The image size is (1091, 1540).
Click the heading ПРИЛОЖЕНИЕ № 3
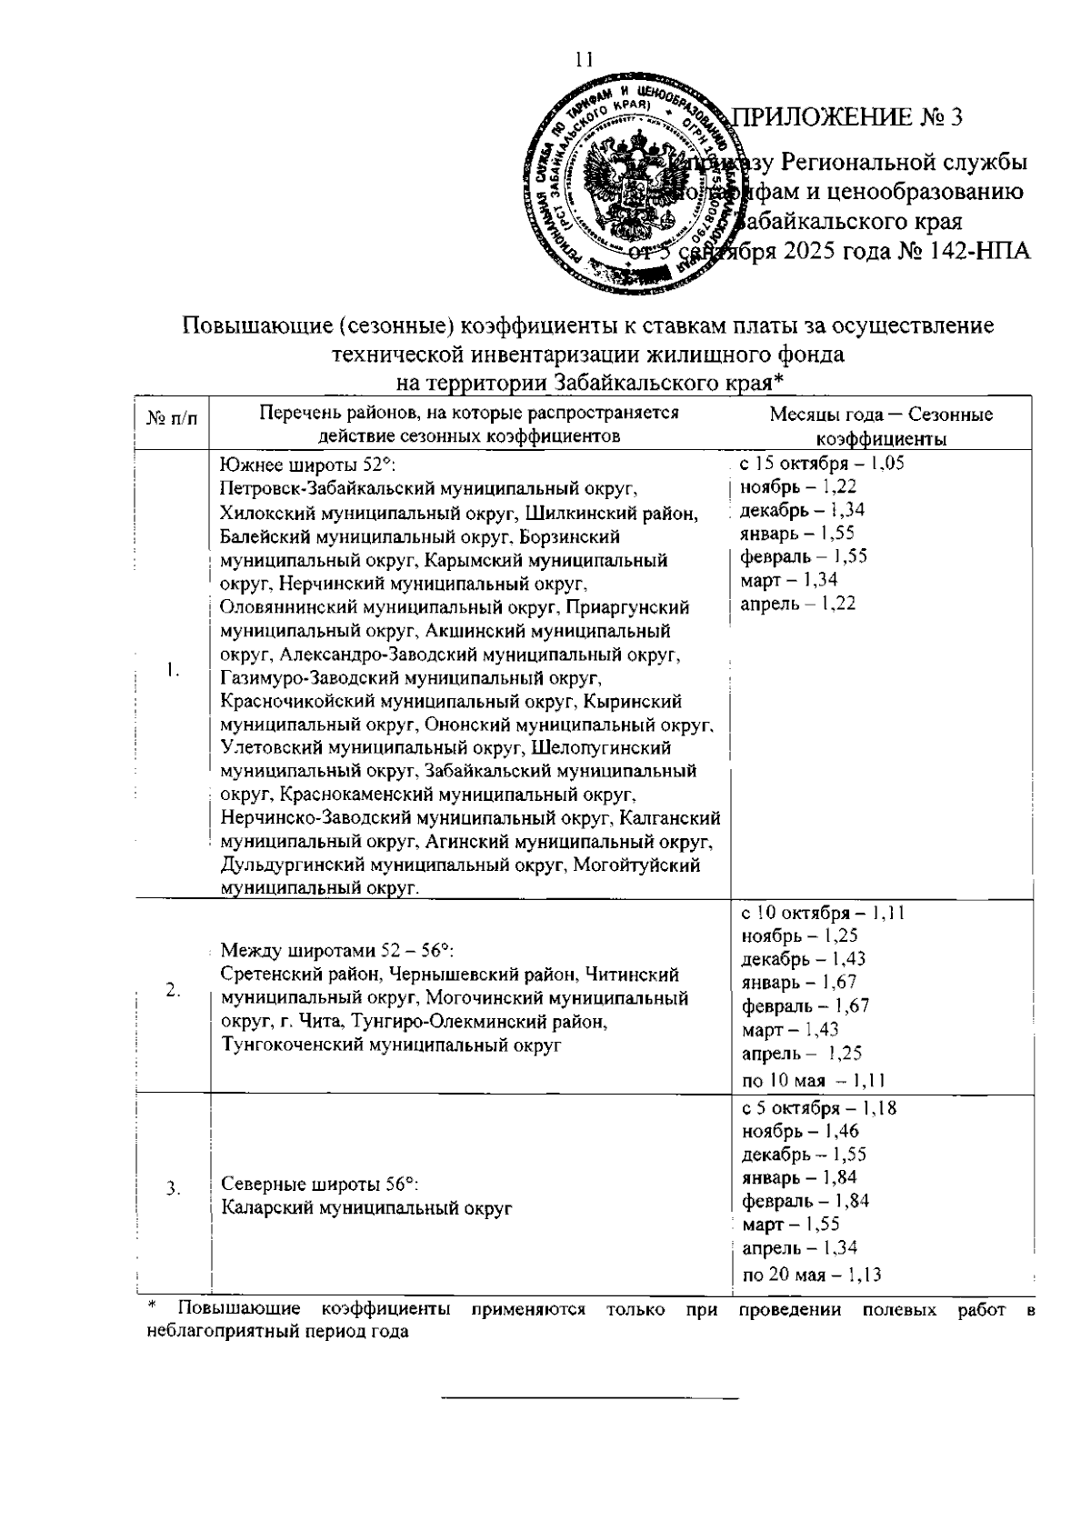pyautogui.click(x=847, y=117)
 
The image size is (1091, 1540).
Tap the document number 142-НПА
pyautogui.click(x=980, y=251)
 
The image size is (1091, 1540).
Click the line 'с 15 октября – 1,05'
pyautogui.click(x=822, y=463)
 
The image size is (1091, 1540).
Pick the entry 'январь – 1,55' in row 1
pyautogui.click(x=797, y=534)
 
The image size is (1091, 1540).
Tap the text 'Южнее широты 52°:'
pyautogui.click(x=305, y=465)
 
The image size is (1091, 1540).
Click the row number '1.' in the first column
pyautogui.click(x=172, y=670)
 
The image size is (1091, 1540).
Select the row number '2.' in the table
pyautogui.click(x=172, y=991)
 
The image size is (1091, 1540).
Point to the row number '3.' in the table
pyautogui.click(x=172, y=1187)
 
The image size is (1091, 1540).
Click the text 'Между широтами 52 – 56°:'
pyautogui.click(x=337, y=951)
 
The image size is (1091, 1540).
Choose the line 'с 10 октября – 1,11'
pyautogui.click(x=823, y=912)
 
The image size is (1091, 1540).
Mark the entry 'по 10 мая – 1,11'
pyautogui.click(x=814, y=1080)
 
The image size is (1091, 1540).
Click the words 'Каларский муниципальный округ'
pyautogui.click(x=366, y=1208)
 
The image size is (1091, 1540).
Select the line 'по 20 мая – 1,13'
pyautogui.click(x=812, y=1274)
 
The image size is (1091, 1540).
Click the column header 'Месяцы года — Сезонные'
pyautogui.click(x=881, y=415)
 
